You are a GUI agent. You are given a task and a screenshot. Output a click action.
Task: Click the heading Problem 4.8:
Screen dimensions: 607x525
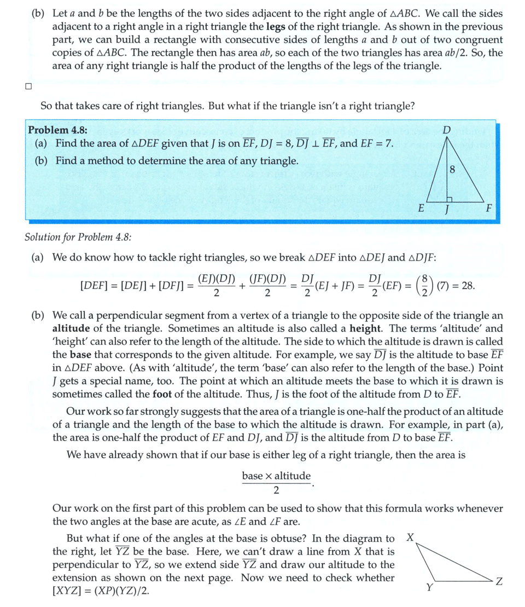[x=57, y=130]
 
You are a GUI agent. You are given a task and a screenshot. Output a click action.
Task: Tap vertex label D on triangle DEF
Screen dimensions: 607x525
[x=447, y=130]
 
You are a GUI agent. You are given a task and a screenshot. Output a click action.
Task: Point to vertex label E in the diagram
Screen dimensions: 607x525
[x=421, y=209]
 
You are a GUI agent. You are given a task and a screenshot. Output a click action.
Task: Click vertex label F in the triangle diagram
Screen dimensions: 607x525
[x=488, y=209]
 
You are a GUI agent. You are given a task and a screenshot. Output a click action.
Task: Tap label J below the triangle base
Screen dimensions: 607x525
[x=447, y=210]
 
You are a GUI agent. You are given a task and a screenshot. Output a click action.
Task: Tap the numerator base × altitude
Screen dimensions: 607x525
[x=276, y=476]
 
